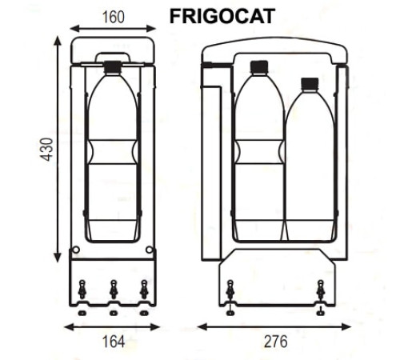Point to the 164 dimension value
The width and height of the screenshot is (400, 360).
click(x=114, y=342)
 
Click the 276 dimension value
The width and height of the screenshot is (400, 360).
click(x=276, y=342)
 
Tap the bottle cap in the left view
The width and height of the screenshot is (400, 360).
click(x=112, y=66)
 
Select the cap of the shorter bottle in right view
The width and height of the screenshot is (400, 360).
click(x=309, y=82)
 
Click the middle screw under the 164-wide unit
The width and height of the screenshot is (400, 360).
click(x=113, y=290)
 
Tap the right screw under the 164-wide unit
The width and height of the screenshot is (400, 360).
click(x=144, y=290)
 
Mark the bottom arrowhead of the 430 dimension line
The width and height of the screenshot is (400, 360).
click(x=58, y=261)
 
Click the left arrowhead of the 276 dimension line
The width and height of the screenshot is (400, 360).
click(x=201, y=326)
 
